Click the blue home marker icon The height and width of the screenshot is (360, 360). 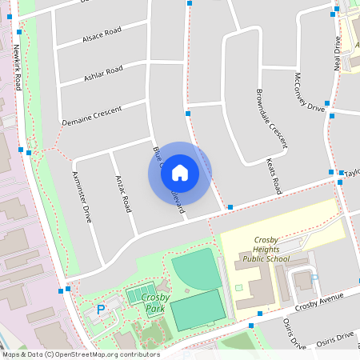(x=179, y=172)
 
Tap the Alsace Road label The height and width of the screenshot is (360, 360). (x=102, y=35)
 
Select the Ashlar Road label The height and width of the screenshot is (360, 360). (x=103, y=74)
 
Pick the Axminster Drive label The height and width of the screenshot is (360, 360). (x=82, y=196)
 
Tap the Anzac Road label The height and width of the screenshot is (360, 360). (x=123, y=193)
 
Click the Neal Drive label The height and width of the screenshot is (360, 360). (x=337, y=54)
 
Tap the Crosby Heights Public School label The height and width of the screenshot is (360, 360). (x=266, y=249)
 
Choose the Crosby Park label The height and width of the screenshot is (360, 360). (x=154, y=303)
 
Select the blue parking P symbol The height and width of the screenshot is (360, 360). (x=101, y=310)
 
